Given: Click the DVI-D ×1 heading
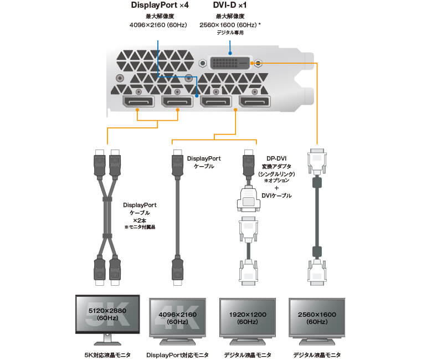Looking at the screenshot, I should pos(230,6).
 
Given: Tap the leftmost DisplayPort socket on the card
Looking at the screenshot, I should pos(138,102).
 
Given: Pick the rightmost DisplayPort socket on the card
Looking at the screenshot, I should pos(255,102).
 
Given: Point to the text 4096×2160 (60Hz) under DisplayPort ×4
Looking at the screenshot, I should pos(157,25).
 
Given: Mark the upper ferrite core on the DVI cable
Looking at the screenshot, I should pos(317,183).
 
